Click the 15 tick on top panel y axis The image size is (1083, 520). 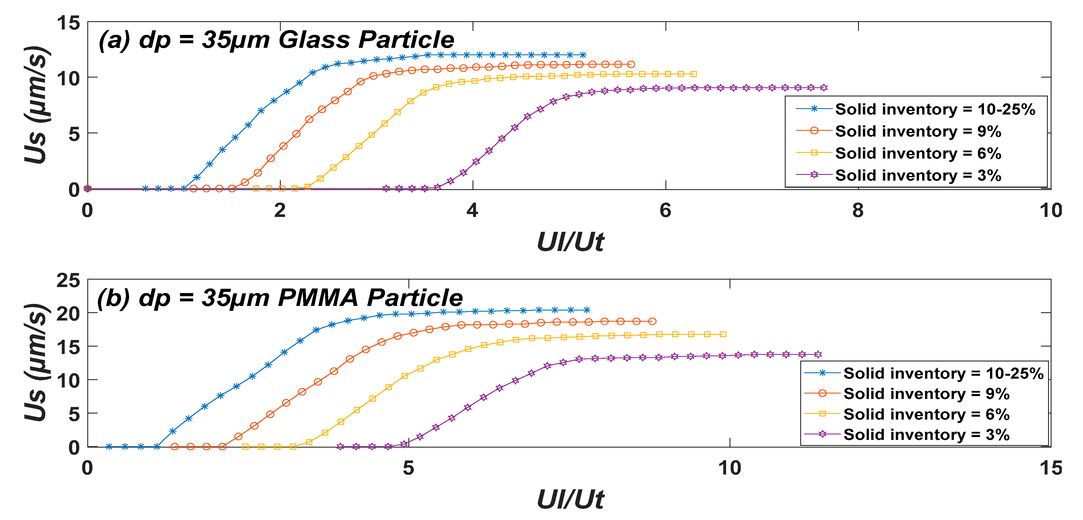point(68,23)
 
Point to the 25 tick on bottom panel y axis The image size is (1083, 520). point(68,280)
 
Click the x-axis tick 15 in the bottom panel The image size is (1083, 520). point(1050,468)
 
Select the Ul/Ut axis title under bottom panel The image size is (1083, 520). point(570,500)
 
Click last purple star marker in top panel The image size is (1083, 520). point(824,88)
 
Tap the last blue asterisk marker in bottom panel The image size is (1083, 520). point(587,310)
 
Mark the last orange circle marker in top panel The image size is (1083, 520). point(631,64)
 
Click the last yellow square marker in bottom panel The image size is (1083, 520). point(723,335)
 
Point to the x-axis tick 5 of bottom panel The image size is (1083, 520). point(408,468)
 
